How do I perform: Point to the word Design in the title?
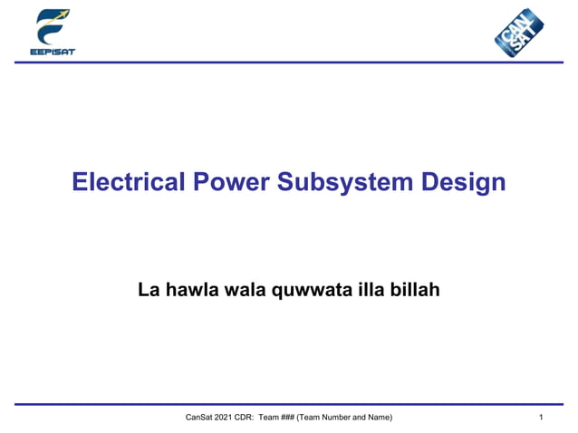[x=464, y=183]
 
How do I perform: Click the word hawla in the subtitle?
[x=188, y=291]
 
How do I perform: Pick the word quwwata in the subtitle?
[x=306, y=291]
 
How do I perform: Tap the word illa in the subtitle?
[x=364, y=291]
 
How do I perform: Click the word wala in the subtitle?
[x=238, y=291]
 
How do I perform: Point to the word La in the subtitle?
[x=148, y=291]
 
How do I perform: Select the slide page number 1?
[x=540, y=417]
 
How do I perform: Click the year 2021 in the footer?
[x=223, y=417]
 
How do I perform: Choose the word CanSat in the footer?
[x=197, y=417]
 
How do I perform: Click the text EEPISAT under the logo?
[x=53, y=52]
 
